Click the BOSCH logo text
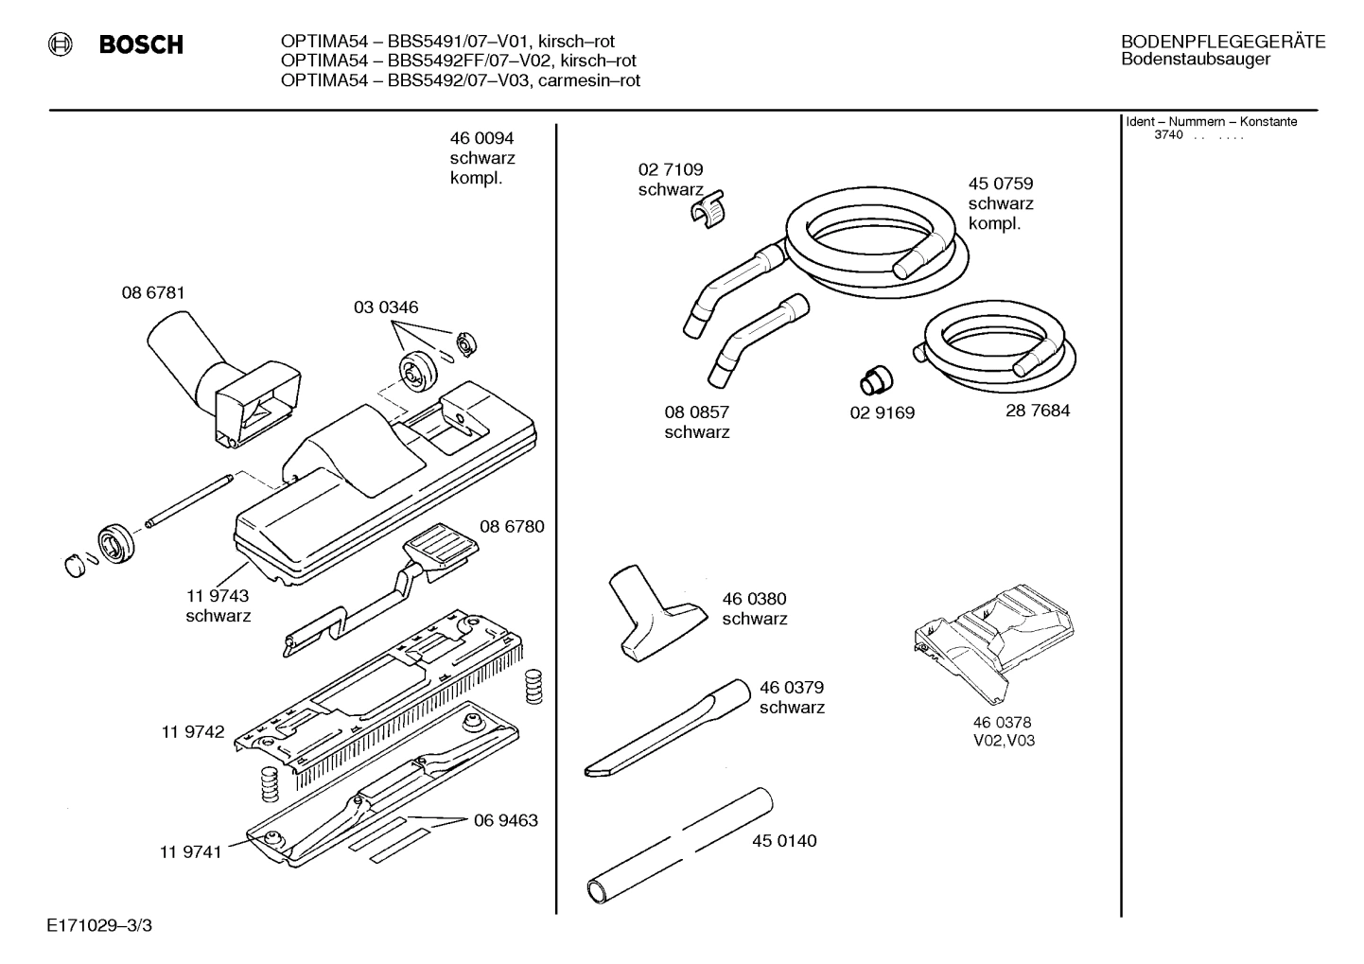click(x=140, y=44)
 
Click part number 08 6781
click(x=153, y=293)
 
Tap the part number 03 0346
click(x=386, y=307)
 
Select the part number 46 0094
click(x=481, y=138)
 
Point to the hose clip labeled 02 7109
click(x=708, y=212)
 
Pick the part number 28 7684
click(x=1038, y=412)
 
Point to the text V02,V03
click(x=1004, y=741)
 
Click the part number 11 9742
click(x=193, y=732)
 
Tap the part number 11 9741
click(x=190, y=851)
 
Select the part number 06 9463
click(x=505, y=820)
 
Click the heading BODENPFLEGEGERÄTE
click(x=1222, y=42)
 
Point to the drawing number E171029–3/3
click(x=98, y=925)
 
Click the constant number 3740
click(x=1168, y=135)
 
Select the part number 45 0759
click(x=1000, y=184)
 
